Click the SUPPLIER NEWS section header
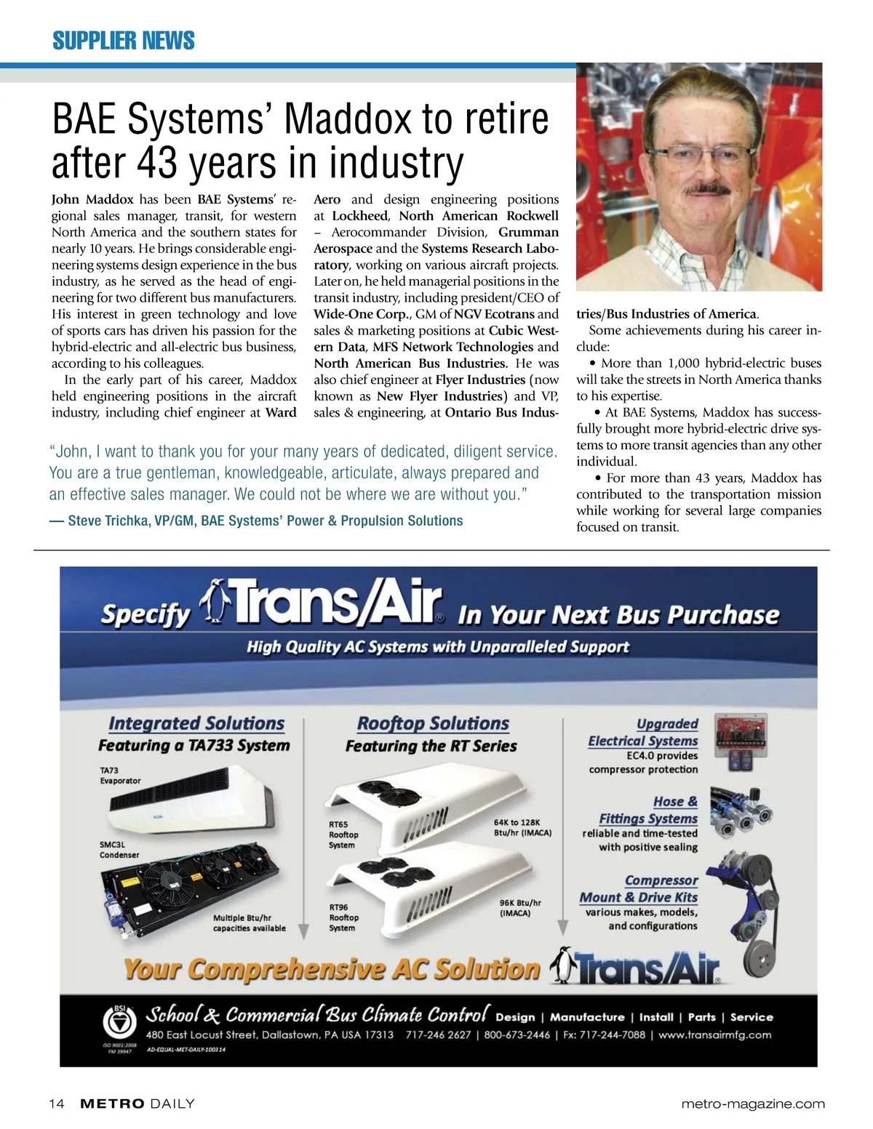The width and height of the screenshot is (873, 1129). (x=123, y=40)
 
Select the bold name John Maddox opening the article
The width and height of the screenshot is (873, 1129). (x=92, y=199)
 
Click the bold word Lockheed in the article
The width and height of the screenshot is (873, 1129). (x=360, y=216)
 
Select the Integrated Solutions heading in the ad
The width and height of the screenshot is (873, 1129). (x=196, y=723)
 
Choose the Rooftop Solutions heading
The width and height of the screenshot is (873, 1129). (x=433, y=723)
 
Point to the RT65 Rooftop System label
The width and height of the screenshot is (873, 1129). (x=343, y=835)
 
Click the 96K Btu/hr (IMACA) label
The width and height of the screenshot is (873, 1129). (x=520, y=907)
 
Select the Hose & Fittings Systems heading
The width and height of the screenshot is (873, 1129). (x=648, y=810)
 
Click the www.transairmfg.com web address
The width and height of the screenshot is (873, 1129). (x=716, y=1034)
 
